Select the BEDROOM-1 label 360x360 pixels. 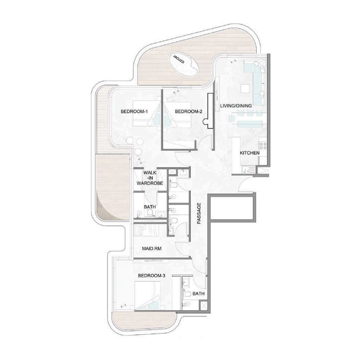point(134,112)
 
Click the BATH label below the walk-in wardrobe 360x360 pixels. point(149,207)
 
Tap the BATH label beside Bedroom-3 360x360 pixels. point(198,293)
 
